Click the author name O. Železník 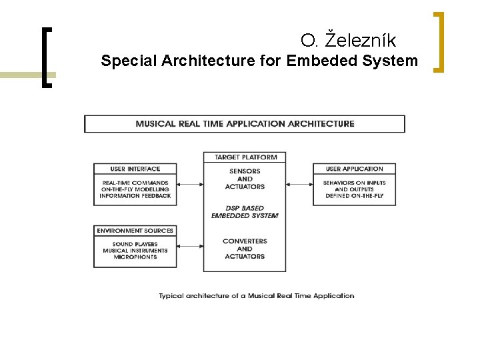coord(348,41)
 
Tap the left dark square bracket coord(45,57)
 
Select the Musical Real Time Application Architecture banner coord(245,123)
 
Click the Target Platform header coord(245,157)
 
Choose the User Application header coord(354,169)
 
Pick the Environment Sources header coord(135,231)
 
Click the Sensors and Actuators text coord(245,179)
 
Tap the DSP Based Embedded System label coord(245,212)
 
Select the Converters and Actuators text coord(245,249)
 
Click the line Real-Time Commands coord(136,183)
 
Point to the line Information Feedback coord(136,196)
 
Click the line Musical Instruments coord(135,251)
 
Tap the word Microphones coord(135,257)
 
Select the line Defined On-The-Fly coord(354,196)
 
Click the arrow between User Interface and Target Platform coord(190,184)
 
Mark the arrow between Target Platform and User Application coord(299,184)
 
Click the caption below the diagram coord(257,295)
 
